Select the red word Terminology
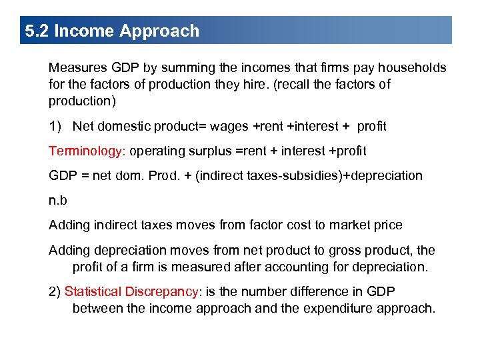[x=85, y=151]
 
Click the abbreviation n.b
[x=58, y=200]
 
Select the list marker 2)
[x=55, y=291]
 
